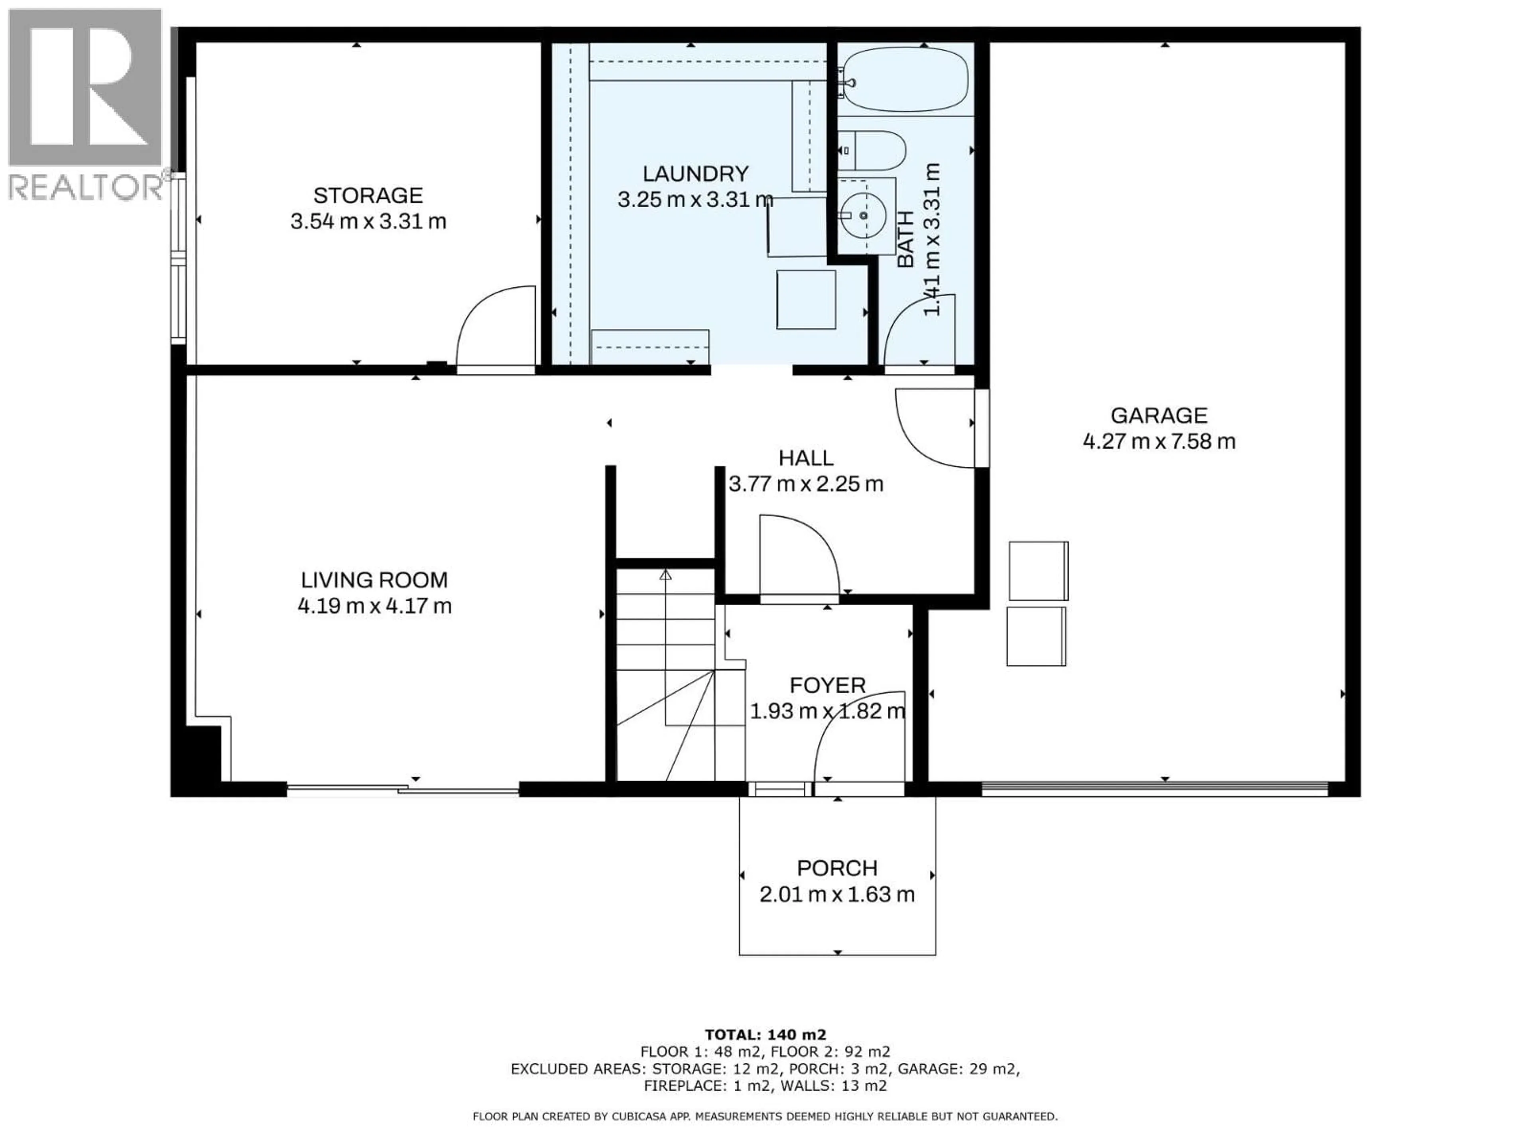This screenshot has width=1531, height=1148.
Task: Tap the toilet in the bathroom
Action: pos(874,150)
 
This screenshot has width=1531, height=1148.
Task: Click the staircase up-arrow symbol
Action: pos(665,574)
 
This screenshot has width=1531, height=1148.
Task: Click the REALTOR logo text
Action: pos(87,187)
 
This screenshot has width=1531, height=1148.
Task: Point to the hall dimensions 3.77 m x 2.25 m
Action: pos(806,484)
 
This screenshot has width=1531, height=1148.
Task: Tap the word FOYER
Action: pos(827,685)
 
